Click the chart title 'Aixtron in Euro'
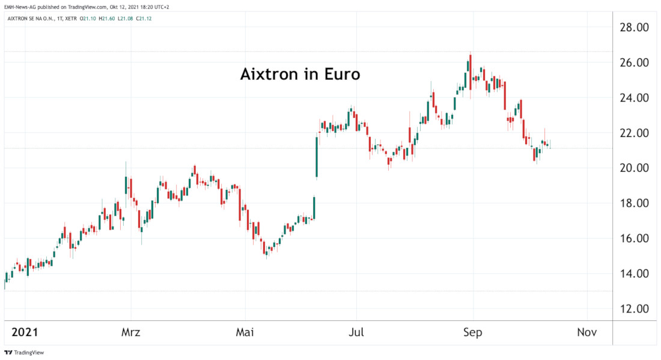[x=300, y=75]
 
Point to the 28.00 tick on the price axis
[x=634, y=28]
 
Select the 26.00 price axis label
[x=634, y=63]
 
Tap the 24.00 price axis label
[x=634, y=98]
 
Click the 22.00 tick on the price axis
[x=634, y=133]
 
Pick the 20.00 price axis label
[x=634, y=168]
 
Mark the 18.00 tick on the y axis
[x=634, y=203]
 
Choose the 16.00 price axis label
[x=634, y=239]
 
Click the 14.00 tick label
[x=634, y=273]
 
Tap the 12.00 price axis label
[x=634, y=309]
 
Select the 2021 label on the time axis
[x=25, y=332]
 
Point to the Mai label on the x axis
[x=245, y=332]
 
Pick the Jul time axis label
[x=356, y=332]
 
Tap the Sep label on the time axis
[x=473, y=332]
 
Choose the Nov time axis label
[x=586, y=332]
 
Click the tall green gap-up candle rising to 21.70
[x=316, y=157]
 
